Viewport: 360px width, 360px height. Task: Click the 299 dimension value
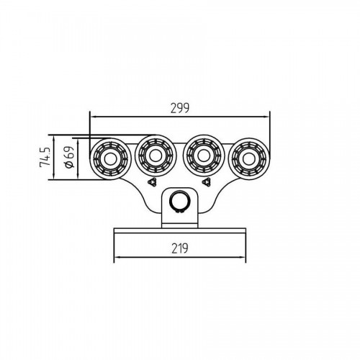(x=180, y=108)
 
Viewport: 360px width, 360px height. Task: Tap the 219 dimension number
(x=180, y=248)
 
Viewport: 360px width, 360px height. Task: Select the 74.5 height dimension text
(x=45, y=157)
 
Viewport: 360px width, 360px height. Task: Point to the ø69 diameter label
(x=69, y=157)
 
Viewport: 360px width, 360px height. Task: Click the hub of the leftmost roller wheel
(x=110, y=159)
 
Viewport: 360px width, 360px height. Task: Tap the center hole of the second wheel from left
(x=156, y=156)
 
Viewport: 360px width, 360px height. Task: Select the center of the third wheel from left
(x=204, y=156)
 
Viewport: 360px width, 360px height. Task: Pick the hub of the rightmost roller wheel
(x=248, y=159)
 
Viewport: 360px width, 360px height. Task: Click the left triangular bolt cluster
(x=152, y=182)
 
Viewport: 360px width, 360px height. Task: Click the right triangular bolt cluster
(x=207, y=182)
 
